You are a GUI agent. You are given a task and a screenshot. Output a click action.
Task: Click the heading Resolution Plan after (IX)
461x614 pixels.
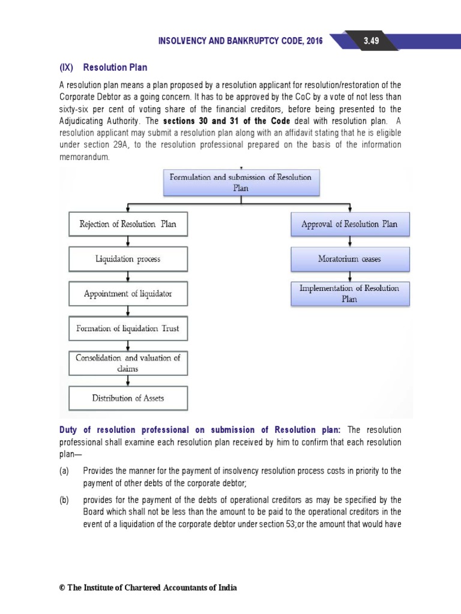(x=115, y=67)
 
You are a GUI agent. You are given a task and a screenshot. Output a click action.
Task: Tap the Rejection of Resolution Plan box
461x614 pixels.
(x=128, y=225)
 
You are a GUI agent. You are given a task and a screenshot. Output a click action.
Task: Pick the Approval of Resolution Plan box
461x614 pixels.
(x=349, y=224)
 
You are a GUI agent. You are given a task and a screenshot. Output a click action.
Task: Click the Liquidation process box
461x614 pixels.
(x=128, y=260)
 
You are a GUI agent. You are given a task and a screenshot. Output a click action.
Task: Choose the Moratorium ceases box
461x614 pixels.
(x=349, y=259)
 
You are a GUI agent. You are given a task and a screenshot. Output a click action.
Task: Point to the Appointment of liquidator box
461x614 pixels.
(x=128, y=294)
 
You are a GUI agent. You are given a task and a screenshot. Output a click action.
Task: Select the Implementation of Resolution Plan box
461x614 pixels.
(x=349, y=293)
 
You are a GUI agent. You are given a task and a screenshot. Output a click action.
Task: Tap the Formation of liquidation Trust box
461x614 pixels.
(x=128, y=328)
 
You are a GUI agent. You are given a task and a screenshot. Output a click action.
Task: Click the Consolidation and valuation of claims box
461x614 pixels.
(x=128, y=363)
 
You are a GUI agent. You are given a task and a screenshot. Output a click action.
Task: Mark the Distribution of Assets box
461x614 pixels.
(x=128, y=398)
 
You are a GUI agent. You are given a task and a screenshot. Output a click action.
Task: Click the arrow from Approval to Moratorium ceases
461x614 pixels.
(x=349, y=242)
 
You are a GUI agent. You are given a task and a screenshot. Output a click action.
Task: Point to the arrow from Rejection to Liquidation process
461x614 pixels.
(x=128, y=242)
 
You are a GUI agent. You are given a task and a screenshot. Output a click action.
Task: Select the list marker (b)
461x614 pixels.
(x=64, y=499)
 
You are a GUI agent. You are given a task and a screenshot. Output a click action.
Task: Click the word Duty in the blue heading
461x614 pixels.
(x=68, y=430)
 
